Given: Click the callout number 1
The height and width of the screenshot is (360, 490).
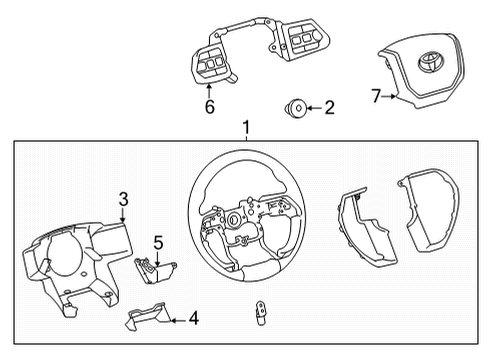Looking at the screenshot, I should point(244,128).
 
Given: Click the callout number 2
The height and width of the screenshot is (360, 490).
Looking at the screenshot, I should point(330,107).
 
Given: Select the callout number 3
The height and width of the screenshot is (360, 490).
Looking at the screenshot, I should point(121,199).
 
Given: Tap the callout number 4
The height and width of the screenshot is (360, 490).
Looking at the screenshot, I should point(193,320).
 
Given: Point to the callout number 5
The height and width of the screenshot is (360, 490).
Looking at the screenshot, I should point(157,241).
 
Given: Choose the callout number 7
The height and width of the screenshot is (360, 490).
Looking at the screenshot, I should point(376,96).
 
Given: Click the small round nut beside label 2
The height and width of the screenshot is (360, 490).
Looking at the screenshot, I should point(295,107).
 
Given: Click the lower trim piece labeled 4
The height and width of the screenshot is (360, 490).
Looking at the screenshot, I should point(146,320).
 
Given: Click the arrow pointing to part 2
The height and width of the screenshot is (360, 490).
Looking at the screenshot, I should point(314,107).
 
